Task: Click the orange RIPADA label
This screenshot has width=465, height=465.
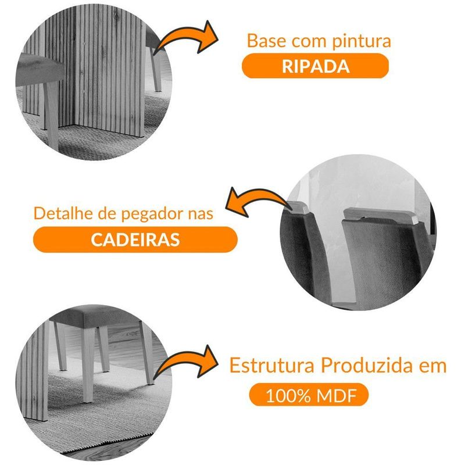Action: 315,65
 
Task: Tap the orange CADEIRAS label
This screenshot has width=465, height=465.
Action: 135,239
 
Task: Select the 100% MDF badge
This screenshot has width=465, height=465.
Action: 309,395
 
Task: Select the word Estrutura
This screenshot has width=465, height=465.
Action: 264,366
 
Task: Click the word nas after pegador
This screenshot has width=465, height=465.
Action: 198,213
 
